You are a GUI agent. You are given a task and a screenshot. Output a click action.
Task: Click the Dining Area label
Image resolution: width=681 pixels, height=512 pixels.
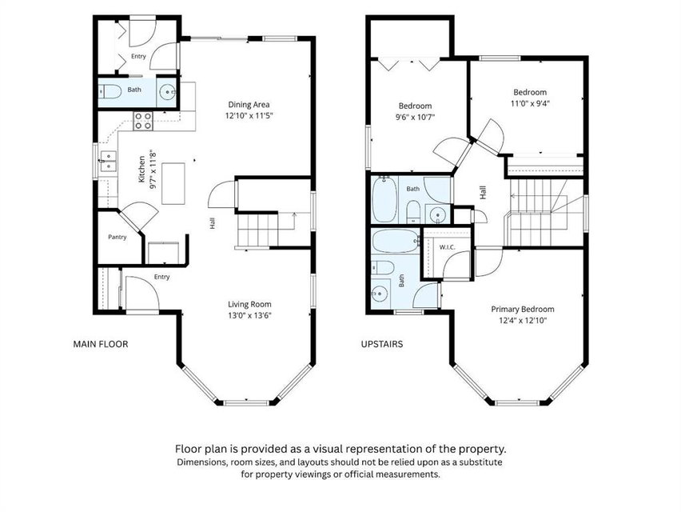click(249, 104)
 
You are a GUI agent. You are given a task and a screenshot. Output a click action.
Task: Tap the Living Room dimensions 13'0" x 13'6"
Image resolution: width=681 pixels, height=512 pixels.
click(249, 315)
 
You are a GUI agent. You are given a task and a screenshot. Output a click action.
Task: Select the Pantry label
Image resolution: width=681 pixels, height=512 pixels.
click(117, 237)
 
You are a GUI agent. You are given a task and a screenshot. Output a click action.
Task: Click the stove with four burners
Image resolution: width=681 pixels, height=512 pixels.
click(143, 121)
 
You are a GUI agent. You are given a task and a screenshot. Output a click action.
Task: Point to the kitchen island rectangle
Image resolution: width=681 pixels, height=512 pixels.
click(173, 183)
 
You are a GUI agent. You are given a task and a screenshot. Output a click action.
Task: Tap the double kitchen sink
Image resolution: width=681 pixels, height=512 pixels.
click(108, 161)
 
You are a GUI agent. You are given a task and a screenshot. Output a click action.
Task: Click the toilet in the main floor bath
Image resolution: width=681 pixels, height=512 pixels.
click(110, 92)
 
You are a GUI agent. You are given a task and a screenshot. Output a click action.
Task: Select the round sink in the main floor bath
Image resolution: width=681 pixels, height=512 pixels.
click(167, 92)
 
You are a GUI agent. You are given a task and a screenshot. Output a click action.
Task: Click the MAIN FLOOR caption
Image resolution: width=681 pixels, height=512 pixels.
click(101, 344)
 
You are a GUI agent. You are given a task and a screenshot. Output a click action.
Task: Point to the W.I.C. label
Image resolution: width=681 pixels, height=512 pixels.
click(447, 247)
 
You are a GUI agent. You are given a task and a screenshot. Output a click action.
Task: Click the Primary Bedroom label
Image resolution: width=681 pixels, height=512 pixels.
click(523, 309)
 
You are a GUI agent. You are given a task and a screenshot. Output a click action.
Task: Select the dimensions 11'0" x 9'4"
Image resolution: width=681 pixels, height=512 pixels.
click(530, 103)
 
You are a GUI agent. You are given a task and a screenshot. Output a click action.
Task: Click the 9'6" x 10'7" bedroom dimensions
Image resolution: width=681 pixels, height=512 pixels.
click(415, 117)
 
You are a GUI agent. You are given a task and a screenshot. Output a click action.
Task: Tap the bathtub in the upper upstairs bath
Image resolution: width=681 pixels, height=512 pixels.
click(384, 199)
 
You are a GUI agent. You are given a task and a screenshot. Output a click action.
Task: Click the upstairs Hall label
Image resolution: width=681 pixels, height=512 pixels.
click(483, 193)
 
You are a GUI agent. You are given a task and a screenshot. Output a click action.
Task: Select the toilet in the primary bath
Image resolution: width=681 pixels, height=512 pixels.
click(383, 267)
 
